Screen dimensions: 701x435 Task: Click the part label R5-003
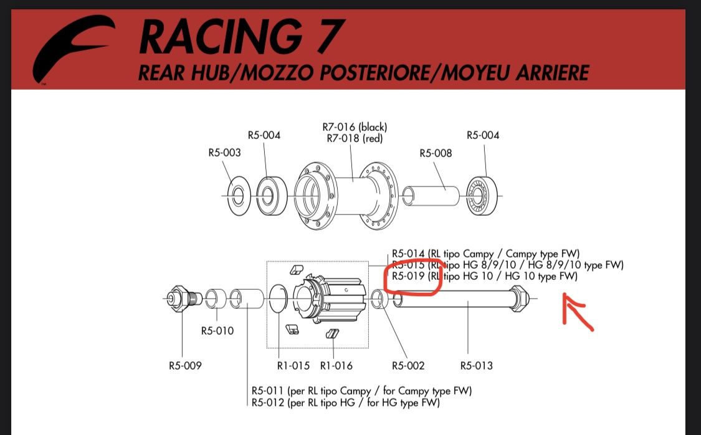tap(224, 153)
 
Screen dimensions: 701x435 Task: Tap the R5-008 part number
tap(436, 153)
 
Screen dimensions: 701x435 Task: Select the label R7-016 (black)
tap(355, 127)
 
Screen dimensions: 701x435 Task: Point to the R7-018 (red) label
tap(355, 138)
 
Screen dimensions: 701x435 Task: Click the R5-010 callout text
tap(217, 331)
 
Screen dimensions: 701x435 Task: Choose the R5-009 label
tap(185, 366)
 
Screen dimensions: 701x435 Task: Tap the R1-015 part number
tap(293, 366)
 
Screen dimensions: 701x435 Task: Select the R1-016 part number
tap(336, 366)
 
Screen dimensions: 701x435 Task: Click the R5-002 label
tap(408, 366)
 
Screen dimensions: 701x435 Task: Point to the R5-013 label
tap(477, 366)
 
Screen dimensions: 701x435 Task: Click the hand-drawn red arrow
tap(577, 312)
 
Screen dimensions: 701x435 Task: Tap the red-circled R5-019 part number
tap(408, 276)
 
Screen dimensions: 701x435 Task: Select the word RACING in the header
tap(219, 37)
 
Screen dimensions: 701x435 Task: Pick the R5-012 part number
tap(268, 403)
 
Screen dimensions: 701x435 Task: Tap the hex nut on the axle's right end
tap(520, 298)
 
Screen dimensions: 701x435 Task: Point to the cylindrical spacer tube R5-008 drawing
tap(431, 196)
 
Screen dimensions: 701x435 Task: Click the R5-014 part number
tap(408, 254)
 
